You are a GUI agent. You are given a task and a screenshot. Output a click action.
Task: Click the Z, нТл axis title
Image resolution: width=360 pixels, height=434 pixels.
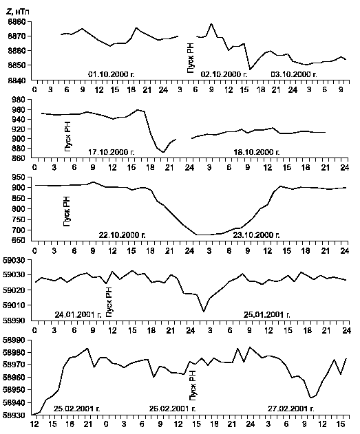click(17, 12)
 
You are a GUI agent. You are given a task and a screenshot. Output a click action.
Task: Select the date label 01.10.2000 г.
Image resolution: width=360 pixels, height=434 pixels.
click(112, 74)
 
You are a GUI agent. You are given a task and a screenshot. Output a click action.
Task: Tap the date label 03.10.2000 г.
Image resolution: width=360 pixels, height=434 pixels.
click(294, 74)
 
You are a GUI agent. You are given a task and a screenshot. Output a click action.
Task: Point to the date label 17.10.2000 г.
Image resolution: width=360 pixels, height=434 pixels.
click(112, 152)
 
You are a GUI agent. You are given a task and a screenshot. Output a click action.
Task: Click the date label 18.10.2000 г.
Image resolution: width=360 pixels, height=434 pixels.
click(257, 152)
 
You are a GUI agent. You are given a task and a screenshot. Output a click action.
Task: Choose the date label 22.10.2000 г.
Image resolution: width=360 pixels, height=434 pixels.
click(122, 235)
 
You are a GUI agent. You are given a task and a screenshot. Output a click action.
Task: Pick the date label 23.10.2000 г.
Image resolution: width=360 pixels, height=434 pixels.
click(257, 235)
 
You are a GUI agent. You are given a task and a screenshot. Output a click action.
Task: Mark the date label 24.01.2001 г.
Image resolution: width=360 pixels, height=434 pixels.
click(78, 314)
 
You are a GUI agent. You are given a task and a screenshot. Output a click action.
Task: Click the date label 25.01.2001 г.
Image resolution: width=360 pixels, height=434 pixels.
click(267, 314)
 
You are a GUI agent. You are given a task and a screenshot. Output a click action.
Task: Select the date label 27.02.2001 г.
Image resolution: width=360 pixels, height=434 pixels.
click(291, 409)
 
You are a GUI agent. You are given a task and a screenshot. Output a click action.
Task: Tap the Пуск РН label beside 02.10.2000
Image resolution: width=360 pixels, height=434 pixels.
click(191, 58)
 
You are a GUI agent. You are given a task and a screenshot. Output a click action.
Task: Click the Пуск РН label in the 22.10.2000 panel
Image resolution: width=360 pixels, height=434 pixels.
click(67, 211)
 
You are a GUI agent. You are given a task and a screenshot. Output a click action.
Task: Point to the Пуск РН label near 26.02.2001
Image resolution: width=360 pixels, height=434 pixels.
click(193, 385)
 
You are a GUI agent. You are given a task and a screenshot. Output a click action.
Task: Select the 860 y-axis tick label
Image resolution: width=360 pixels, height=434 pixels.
click(20, 158)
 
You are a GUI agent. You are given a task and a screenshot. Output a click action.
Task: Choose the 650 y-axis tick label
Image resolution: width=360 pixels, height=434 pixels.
click(20, 241)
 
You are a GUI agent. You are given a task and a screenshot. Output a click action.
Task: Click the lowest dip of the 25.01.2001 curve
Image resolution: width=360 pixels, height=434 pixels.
click(204, 312)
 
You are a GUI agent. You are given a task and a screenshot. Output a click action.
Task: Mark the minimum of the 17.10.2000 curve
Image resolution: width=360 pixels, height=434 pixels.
click(163, 152)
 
